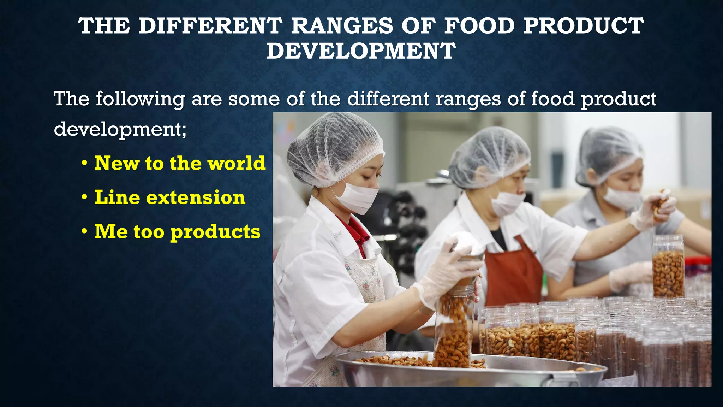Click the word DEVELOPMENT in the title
click(x=361, y=51)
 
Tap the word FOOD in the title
click(x=479, y=26)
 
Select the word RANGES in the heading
click(x=342, y=26)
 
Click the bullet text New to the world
click(x=180, y=163)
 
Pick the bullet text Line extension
click(x=170, y=197)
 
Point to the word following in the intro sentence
click(x=140, y=99)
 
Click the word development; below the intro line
click(x=120, y=129)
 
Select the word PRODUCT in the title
click(x=584, y=26)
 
